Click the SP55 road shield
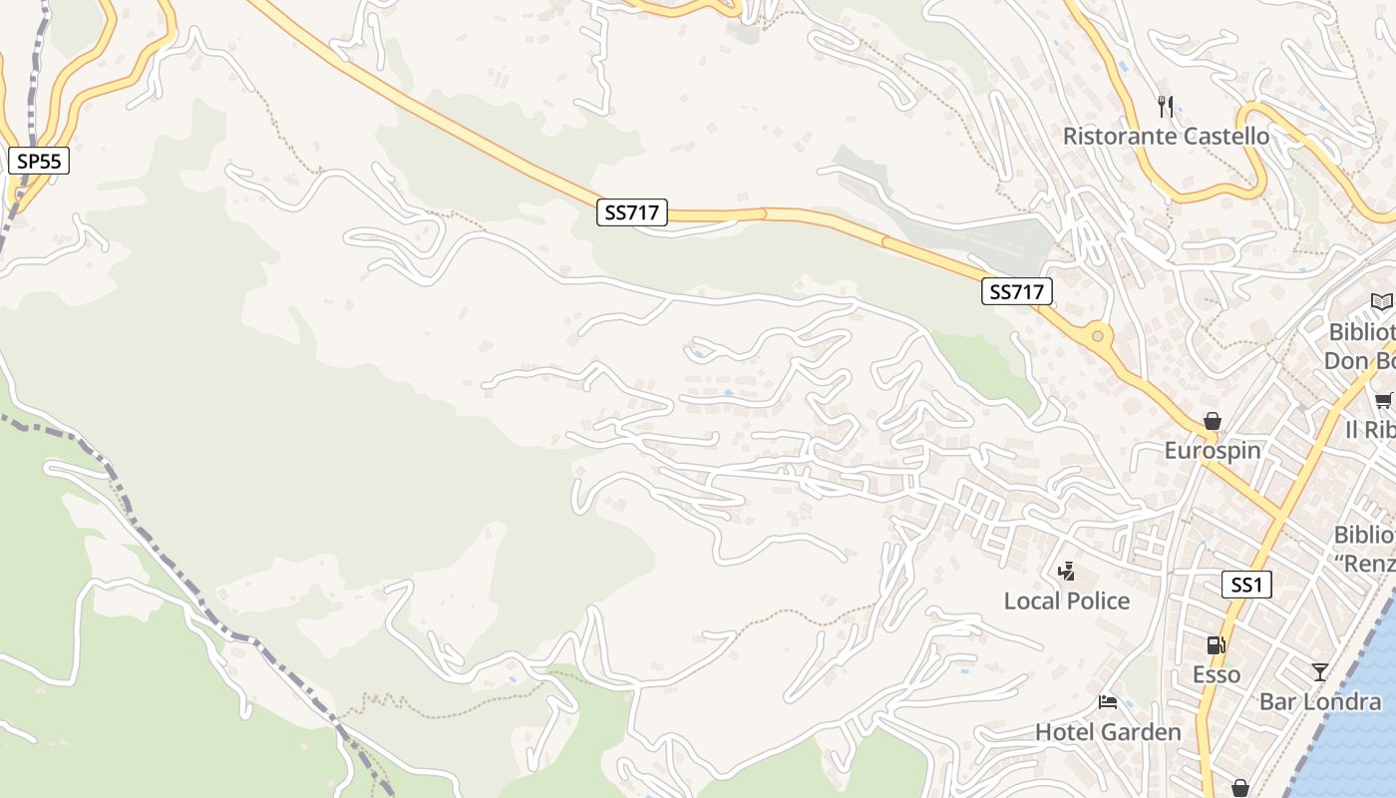39,160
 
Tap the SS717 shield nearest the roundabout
1016,291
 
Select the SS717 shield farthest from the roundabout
632,211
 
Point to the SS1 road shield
1246,585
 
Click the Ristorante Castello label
1166,136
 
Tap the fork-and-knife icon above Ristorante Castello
1166,106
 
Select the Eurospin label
1213,450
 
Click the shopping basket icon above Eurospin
1213,421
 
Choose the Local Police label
1067,600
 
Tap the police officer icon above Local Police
1067,571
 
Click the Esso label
1217,674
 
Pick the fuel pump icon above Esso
1216,645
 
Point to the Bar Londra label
1320,701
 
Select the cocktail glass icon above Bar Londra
1320,671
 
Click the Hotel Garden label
1108,731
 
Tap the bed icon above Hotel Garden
1108,702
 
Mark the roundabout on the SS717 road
1098,336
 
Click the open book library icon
1381,301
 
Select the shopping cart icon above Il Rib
1384,401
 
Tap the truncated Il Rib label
1370,429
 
